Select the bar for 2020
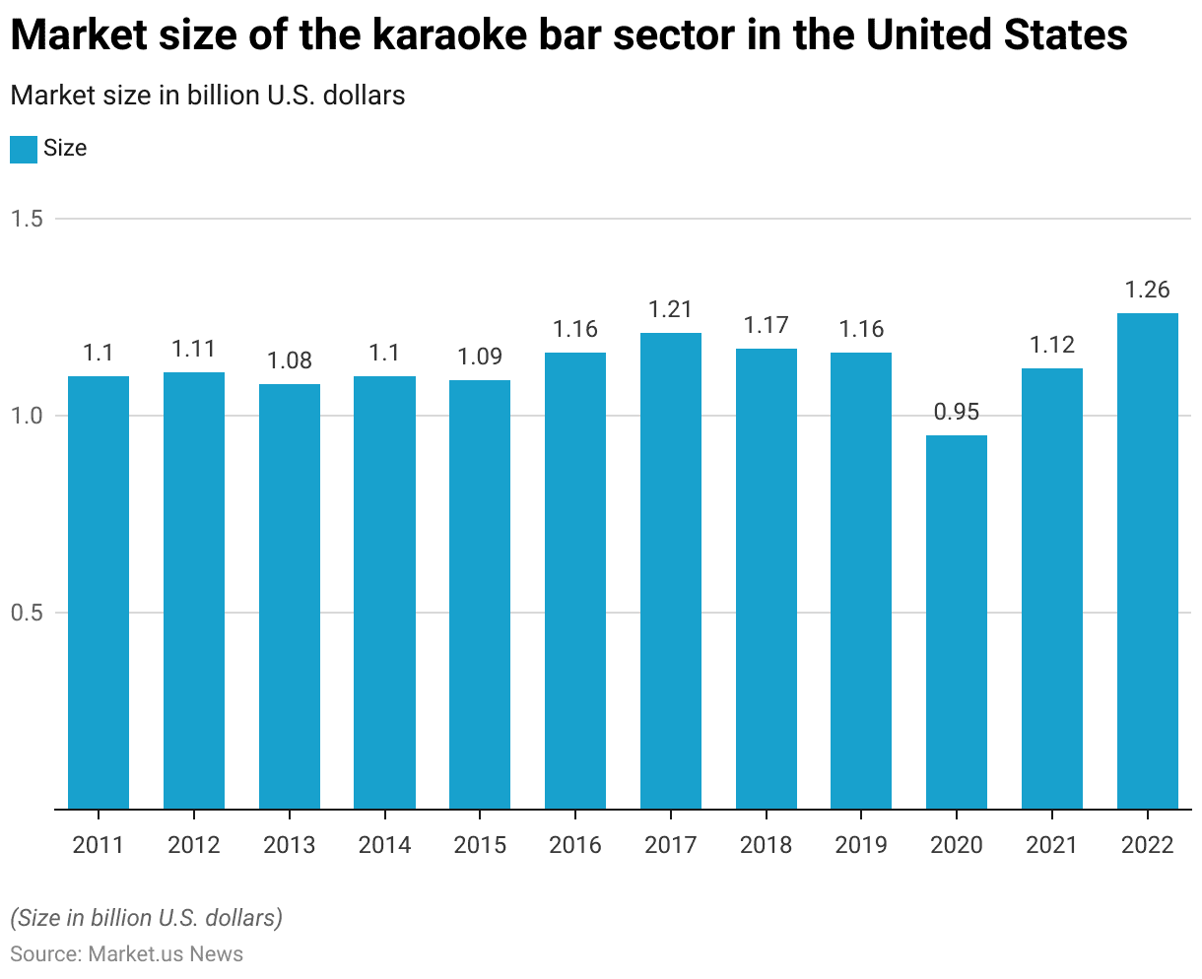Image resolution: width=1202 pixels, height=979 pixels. click(x=957, y=622)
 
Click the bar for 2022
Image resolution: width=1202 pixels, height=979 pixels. click(x=1147, y=561)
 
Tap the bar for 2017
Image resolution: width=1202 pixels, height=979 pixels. click(x=670, y=571)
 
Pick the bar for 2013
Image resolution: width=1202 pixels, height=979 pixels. click(x=289, y=597)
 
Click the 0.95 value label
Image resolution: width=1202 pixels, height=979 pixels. click(x=957, y=412)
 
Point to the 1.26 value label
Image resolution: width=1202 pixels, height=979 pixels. click(x=1147, y=290)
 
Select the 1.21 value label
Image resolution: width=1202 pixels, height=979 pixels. click(x=670, y=309)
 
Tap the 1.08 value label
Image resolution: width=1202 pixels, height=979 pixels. click(x=289, y=360)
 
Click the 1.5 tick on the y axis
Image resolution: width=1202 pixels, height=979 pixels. click(x=27, y=219)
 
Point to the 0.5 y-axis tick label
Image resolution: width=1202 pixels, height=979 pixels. click(x=27, y=613)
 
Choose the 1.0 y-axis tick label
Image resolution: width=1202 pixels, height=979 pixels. click(x=27, y=416)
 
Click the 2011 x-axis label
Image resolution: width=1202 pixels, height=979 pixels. click(x=99, y=845)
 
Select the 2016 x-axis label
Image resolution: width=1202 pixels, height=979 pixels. click(x=575, y=845)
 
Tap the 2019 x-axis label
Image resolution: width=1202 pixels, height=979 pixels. click(x=861, y=845)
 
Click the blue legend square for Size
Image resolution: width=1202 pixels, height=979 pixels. click(x=23, y=149)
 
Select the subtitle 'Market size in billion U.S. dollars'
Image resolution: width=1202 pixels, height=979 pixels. click(x=208, y=96)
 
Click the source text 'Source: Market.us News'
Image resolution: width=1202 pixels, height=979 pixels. click(x=126, y=953)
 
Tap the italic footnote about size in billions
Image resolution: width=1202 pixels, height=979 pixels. click(x=146, y=918)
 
